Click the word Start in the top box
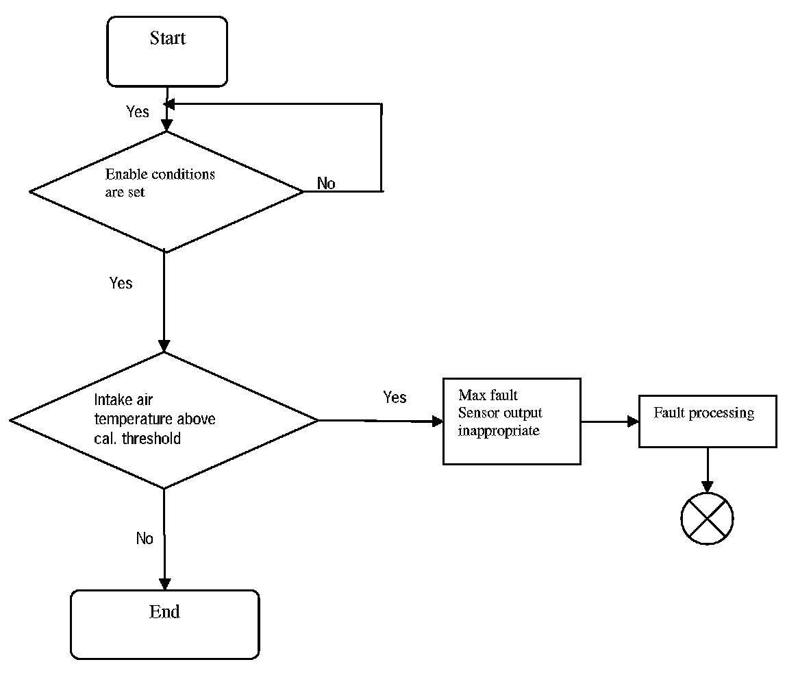168,38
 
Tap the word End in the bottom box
164,612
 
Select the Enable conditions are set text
160,183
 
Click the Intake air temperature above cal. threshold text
155,419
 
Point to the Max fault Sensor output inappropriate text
499,413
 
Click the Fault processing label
704,413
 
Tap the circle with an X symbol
707,519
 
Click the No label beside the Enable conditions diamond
326,183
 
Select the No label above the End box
145,539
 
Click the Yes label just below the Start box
138,111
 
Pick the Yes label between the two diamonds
121,282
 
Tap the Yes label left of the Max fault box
395,397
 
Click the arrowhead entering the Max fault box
438,421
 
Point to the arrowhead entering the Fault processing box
633,421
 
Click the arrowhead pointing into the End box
164,585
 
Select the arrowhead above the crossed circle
707,487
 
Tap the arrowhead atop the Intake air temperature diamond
164,346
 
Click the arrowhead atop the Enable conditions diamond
166,125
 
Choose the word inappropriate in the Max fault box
499,430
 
